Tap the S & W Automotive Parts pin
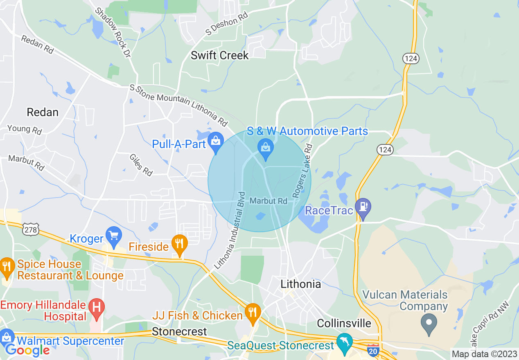(266, 148)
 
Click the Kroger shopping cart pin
(113, 235)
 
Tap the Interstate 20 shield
(373, 351)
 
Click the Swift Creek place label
(220, 55)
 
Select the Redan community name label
(43, 112)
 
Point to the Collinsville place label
(344, 323)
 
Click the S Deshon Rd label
(227, 24)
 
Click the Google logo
(27, 350)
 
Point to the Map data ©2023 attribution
(484, 354)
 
